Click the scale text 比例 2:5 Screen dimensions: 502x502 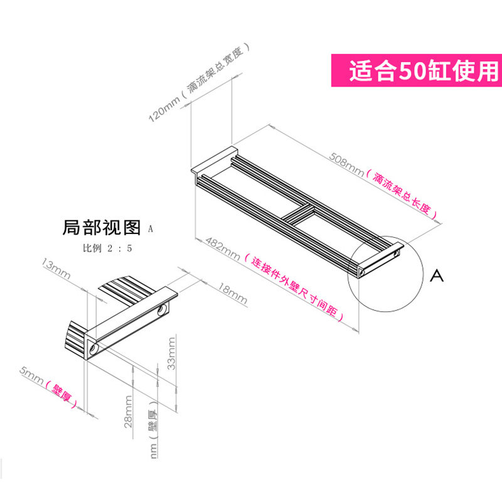[x=107, y=248]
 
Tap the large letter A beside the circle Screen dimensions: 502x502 [x=437, y=275]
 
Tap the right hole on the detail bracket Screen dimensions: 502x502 [x=162, y=310]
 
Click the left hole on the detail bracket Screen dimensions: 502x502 [x=94, y=347]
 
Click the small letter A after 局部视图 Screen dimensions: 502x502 [x=151, y=229]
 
